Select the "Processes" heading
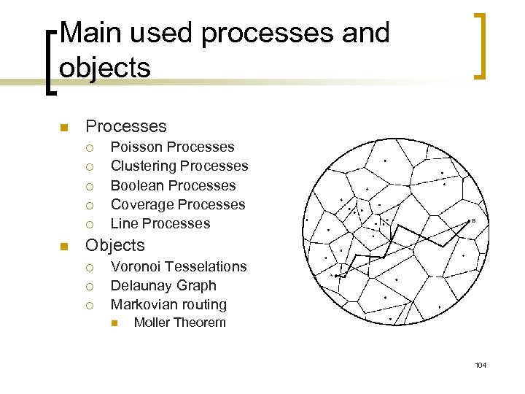[x=126, y=127]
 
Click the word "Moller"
[x=151, y=322]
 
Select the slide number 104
[x=480, y=365]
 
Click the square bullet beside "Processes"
[x=63, y=128]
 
